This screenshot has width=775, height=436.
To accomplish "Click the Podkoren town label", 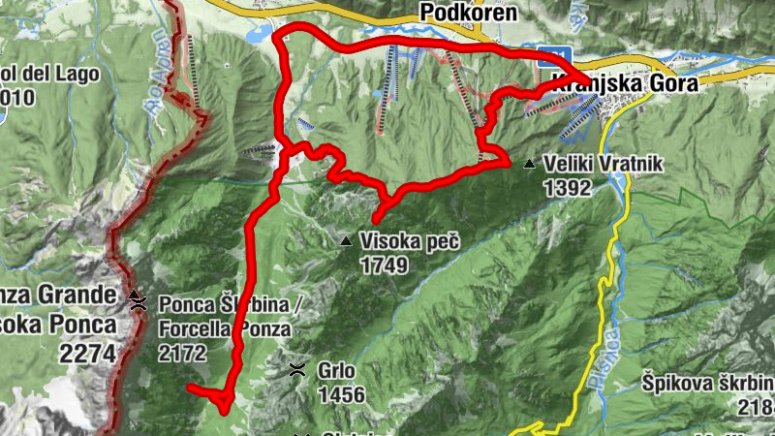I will pyautogui.click(x=468, y=13).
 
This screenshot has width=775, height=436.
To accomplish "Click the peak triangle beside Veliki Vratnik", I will pyautogui.click(x=529, y=165).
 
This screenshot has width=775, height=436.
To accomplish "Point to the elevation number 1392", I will pyautogui.click(x=567, y=188).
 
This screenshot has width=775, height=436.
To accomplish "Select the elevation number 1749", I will pyautogui.click(x=384, y=264).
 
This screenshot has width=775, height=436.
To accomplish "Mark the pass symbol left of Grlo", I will pyautogui.click(x=297, y=369).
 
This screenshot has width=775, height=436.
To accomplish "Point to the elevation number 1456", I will pyautogui.click(x=341, y=394).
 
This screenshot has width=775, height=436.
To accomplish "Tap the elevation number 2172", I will pyautogui.click(x=183, y=353).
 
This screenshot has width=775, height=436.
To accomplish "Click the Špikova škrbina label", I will pyautogui.click(x=706, y=383).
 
